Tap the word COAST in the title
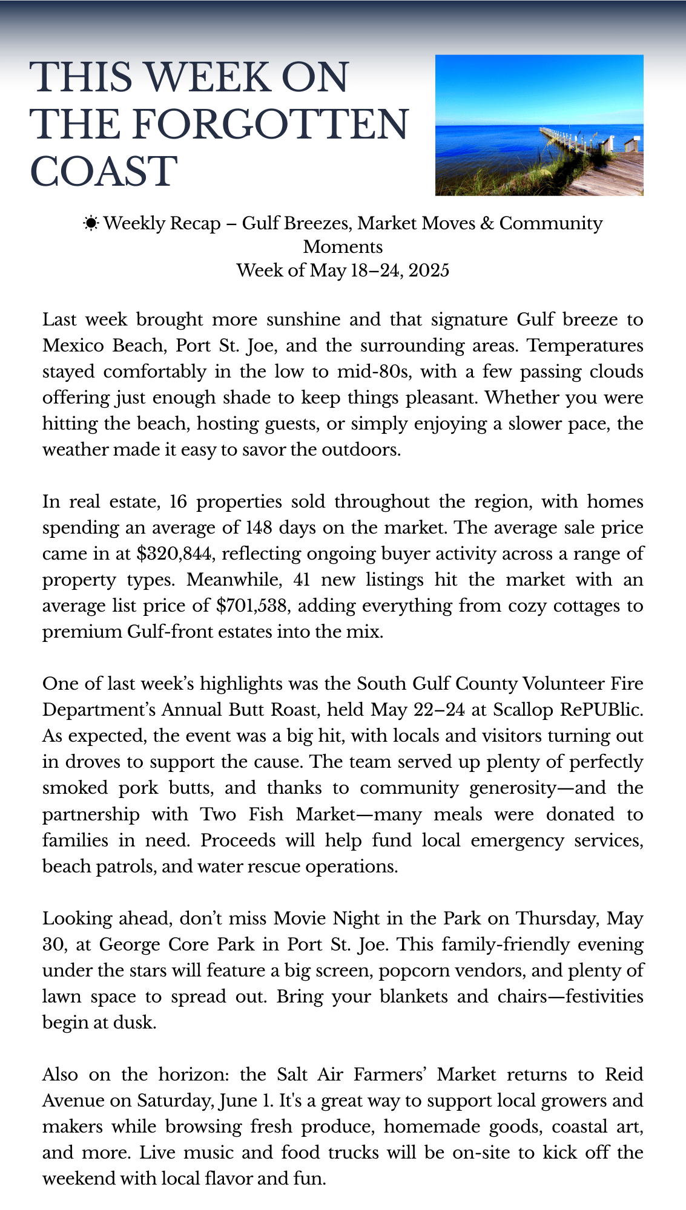pyautogui.click(x=104, y=171)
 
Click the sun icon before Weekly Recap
pyautogui.click(x=91, y=224)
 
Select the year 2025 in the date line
pyautogui.click(x=429, y=270)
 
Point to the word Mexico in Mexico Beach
pyautogui.click(x=73, y=345)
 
